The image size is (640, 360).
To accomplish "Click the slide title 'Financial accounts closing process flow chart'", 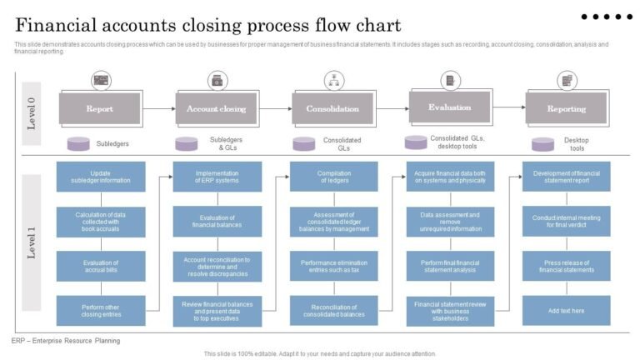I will pos(207,25).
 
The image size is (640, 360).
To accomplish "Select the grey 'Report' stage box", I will pos(100,109).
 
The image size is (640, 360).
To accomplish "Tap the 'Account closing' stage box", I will pos(216,109).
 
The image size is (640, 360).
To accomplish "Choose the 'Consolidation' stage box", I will pos(332,109).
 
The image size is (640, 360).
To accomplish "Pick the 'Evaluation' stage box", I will pos(449,107).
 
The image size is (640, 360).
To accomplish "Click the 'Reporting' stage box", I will pos(566,109).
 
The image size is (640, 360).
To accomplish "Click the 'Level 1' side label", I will pos(32,242).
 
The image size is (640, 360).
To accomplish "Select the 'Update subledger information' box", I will pos(100,177).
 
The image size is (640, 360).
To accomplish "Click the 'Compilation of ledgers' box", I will pos(332,177).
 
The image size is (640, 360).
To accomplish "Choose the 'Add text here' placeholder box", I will pos(566,311).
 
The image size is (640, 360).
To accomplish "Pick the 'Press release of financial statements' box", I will pos(566,266).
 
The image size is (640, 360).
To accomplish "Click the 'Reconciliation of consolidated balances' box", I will pos(332,311).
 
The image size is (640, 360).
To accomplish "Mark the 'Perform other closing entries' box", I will pos(100,311).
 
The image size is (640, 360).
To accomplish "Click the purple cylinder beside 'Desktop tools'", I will pos(542,144).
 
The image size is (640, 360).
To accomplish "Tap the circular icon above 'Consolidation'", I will pos(333,80).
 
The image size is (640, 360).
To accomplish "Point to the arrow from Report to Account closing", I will pos(157,109).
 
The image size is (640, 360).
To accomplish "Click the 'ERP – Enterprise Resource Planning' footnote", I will pos(66,341).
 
